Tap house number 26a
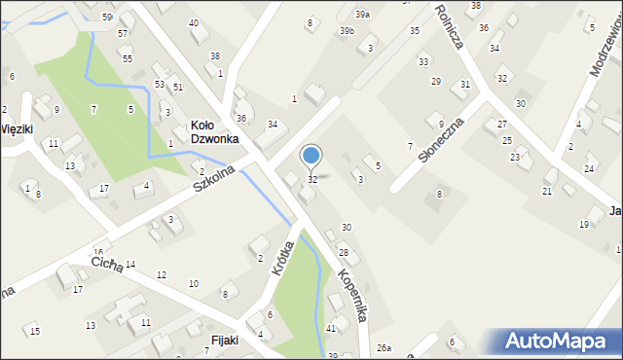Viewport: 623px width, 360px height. pyautogui.click(x=384, y=347)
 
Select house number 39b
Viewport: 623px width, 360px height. pyautogui.click(x=347, y=31)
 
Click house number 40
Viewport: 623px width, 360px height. pyautogui.click(x=194, y=22)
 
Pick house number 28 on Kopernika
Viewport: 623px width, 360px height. pyautogui.click(x=343, y=253)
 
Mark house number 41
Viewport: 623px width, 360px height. pyautogui.click(x=331, y=329)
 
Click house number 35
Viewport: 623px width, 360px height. pyautogui.click(x=415, y=31)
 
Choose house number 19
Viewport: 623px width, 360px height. pyautogui.click(x=584, y=225)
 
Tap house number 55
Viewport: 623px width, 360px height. pyautogui.click(x=128, y=58)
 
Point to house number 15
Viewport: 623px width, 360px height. pyautogui.click(x=35, y=332)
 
